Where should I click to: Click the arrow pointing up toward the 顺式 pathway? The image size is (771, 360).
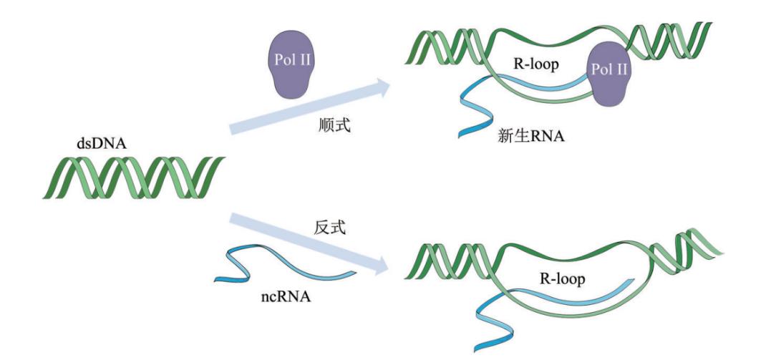click(308, 107)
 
